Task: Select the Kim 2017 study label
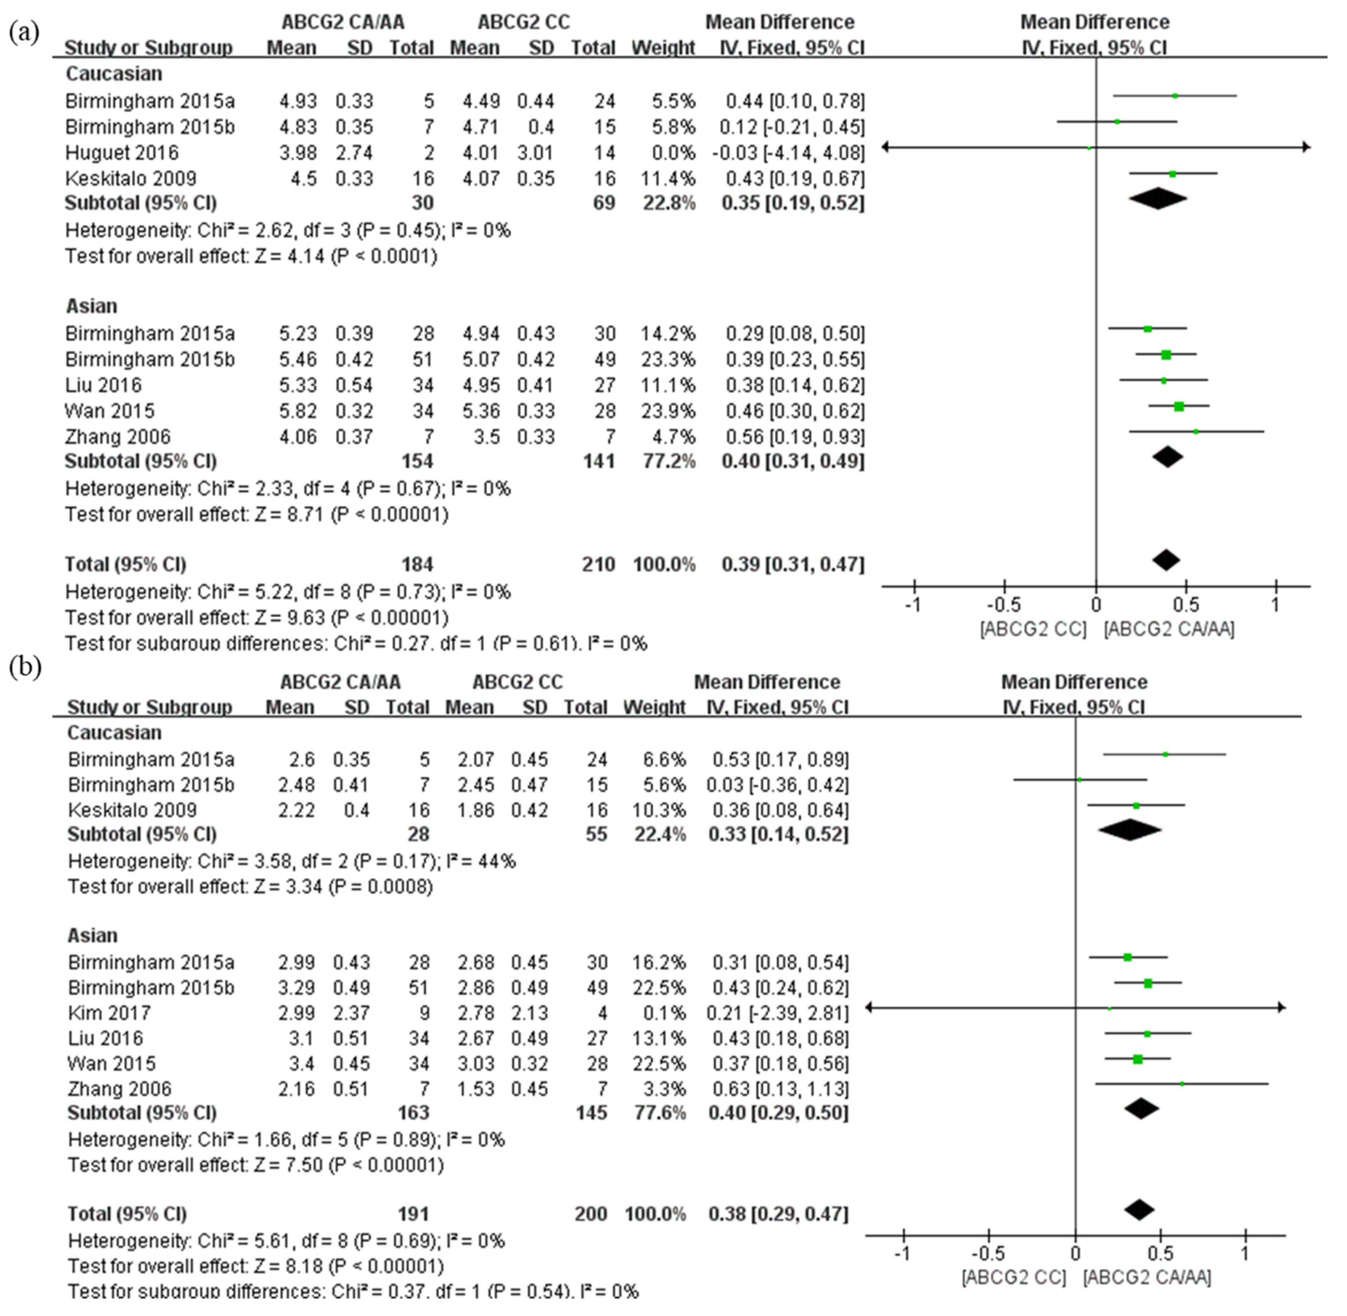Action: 109,1013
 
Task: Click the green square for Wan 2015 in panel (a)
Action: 1178,407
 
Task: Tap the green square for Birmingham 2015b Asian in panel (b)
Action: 1148,983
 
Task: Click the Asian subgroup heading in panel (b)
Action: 93,935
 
